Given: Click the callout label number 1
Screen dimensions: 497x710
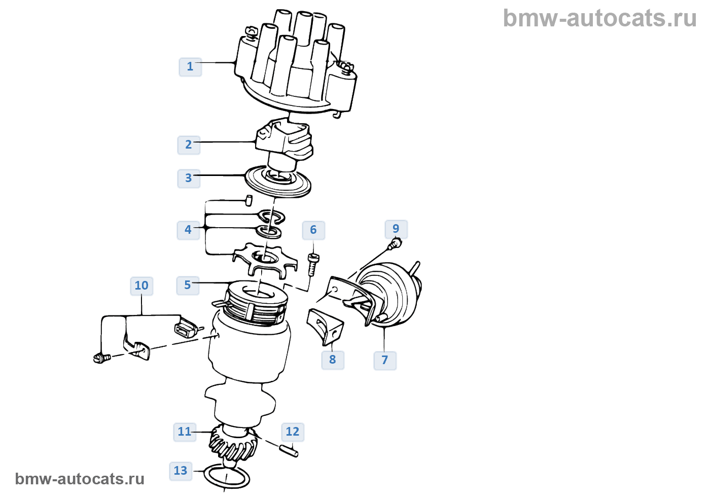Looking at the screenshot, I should [x=190, y=66].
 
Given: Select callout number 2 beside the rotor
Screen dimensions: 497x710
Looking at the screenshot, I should [x=189, y=145].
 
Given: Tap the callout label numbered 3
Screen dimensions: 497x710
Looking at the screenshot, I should [x=189, y=178].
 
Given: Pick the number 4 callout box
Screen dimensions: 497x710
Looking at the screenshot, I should [x=188, y=230].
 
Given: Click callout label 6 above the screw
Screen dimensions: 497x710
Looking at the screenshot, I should [x=313, y=230].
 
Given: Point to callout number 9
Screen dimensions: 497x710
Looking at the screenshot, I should [x=396, y=229].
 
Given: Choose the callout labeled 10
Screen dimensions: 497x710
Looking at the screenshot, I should [x=141, y=286].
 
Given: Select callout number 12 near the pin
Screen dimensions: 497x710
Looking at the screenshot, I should [x=293, y=432].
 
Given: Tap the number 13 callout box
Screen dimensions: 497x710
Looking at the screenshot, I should [x=181, y=471].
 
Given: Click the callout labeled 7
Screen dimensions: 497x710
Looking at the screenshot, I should [x=385, y=360].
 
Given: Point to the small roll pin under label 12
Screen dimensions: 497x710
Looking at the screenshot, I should [x=289, y=450].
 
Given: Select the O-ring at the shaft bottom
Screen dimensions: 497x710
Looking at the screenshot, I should [x=227, y=477].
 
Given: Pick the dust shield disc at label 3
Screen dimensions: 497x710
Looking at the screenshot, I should [x=277, y=181].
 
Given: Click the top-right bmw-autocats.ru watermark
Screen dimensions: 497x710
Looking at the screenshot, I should [x=599, y=18].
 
